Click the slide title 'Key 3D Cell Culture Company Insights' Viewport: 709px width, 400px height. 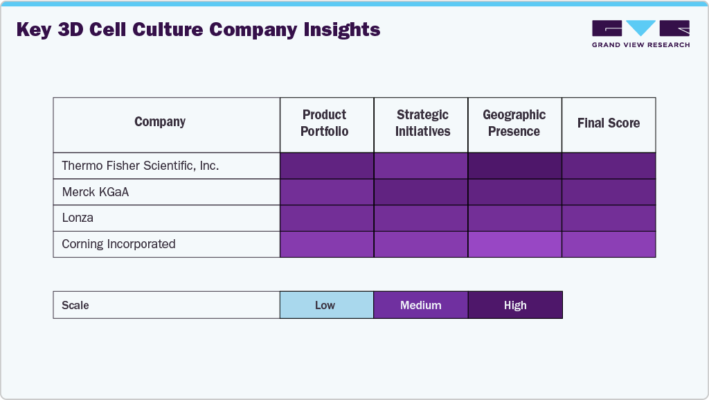198,30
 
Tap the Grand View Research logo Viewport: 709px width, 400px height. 640,34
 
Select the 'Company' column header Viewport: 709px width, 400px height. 160,122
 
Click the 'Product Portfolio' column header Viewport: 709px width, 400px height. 324,123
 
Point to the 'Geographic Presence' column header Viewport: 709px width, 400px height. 514,123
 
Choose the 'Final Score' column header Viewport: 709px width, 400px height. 609,123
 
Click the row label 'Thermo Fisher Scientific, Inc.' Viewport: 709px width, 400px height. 140,166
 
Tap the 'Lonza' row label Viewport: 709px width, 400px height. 78,218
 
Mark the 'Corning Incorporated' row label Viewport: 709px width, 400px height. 118,244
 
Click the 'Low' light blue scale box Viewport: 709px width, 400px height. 326,305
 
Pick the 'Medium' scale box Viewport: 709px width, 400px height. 420,305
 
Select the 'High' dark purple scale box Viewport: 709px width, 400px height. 515,305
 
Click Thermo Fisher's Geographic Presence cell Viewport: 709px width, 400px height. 514,166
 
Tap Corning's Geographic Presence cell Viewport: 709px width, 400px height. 514,244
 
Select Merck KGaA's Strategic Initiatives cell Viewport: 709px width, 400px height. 420,192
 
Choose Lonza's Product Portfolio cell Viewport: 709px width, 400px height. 326,218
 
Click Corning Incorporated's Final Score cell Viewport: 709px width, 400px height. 609,244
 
